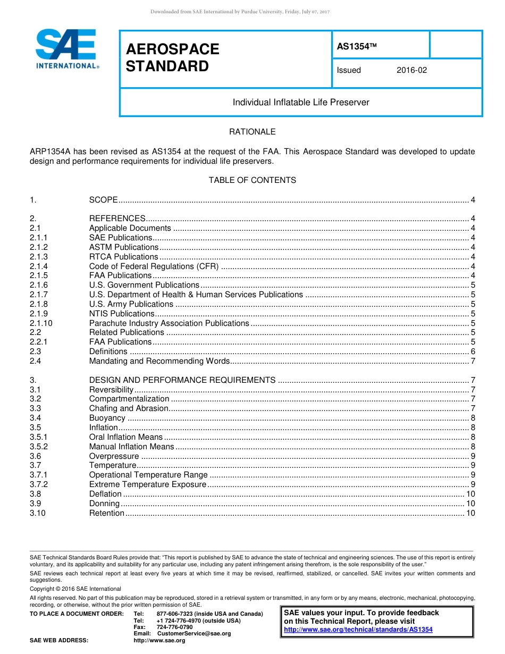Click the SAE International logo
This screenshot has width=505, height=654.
pyautogui.click(x=66, y=49)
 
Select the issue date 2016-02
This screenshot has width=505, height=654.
pyautogui.click(x=411, y=70)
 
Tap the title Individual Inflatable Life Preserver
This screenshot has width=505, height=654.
pyautogui.click(x=301, y=102)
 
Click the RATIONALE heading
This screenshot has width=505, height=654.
pyautogui.click(x=252, y=132)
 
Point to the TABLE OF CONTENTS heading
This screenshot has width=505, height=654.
pyautogui.click(x=252, y=180)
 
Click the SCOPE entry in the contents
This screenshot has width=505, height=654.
pyautogui.click(x=103, y=200)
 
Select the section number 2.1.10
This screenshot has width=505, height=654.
pyautogui.click(x=41, y=323)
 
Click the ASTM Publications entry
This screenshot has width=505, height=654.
pyautogui.click(x=123, y=247)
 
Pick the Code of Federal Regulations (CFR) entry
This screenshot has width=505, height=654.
pyautogui.click(x=154, y=266)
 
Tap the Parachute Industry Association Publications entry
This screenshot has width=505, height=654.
pyautogui.click(x=169, y=323)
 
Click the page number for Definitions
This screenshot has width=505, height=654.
pyautogui.click(x=473, y=351)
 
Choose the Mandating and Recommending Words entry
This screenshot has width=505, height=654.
pyautogui.click(x=159, y=361)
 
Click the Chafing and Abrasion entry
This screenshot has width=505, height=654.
pyautogui.click(x=128, y=408)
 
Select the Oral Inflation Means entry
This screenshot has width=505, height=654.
pyautogui.click(x=125, y=437)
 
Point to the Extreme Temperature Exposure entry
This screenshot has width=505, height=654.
pyautogui.click(x=147, y=484)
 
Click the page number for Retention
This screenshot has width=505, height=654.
pyautogui.click(x=470, y=513)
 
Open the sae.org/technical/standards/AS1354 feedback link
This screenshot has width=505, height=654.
pyautogui.click(x=358, y=630)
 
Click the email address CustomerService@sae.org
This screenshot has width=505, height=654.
pyautogui.click(x=194, y=634)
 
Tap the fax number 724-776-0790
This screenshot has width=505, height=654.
pyautogui.click(x=174, y=627)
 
